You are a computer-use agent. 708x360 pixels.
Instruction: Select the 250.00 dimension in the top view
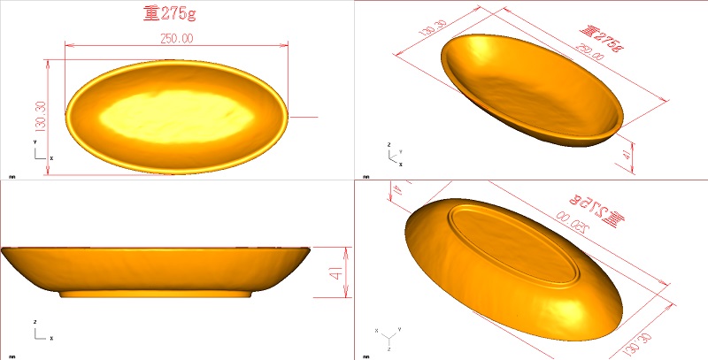click(177, 38)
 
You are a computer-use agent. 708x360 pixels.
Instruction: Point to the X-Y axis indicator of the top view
click(40, 152)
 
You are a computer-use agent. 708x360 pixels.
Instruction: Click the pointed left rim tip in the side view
click(5, 251)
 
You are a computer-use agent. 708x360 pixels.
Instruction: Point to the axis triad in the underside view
click(388, 339)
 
